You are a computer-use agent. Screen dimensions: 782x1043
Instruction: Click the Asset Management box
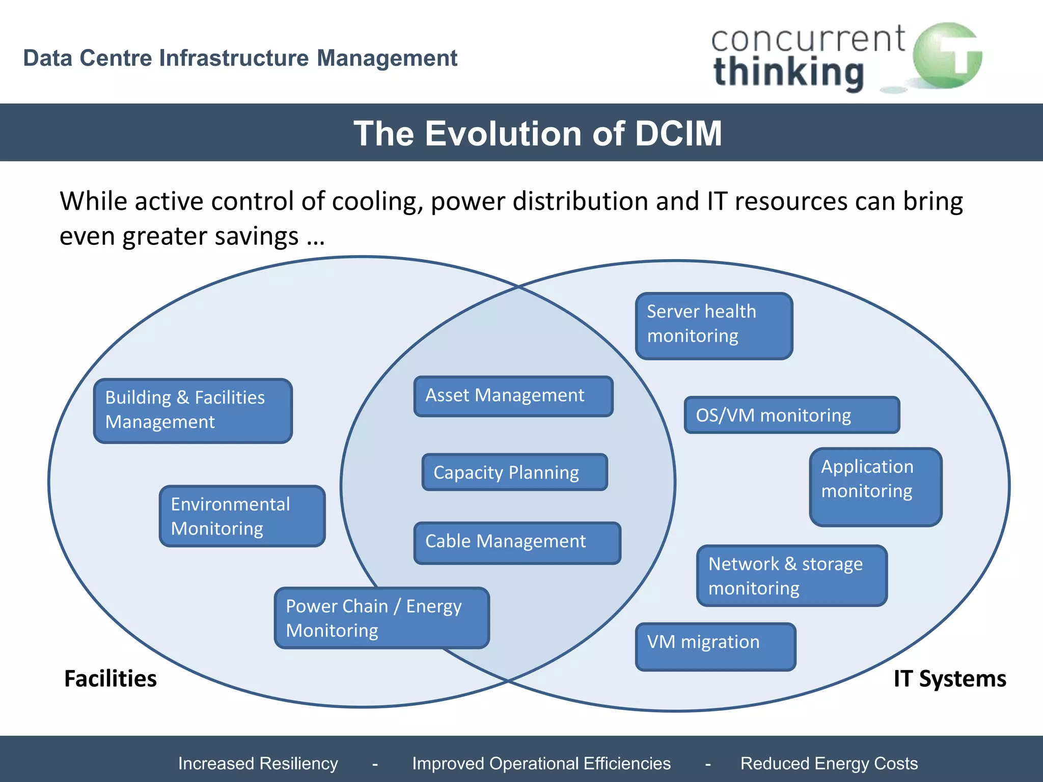(x=513, y=396)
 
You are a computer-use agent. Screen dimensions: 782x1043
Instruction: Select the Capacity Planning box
(x=515, y=472)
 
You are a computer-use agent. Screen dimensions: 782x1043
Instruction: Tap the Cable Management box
(x=517, y=543)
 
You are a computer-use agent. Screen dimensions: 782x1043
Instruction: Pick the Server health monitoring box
(x=714, y=326)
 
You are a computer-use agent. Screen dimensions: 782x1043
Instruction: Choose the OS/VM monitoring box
(x=791, y=415)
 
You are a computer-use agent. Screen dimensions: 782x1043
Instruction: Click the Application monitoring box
(x=875, y=487)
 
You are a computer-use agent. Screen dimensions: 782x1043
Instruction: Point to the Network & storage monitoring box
(x=792, y=576)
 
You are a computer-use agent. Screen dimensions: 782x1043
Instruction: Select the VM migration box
(x=716, y=647)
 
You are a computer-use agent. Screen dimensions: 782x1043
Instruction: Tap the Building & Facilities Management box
(x=193, y=410)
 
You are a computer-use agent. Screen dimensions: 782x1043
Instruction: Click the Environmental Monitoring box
(x=242, y=516)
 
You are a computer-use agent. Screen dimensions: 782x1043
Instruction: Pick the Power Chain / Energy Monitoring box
(x=381, y=618)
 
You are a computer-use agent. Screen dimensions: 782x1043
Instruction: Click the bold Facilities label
(x=111, y=679)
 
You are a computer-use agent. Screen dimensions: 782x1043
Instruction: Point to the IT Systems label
(x=950, y=679)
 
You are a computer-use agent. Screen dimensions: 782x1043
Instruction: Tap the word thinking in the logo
(x=788, y=72)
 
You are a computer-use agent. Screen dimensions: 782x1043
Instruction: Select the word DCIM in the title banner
(x=678, y=133)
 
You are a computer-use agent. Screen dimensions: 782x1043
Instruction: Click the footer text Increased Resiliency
(x=258, y=763)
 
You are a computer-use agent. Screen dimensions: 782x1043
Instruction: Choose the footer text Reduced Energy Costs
(x=829, y=763)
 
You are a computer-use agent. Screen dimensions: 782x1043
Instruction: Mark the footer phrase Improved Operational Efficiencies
(x=541, y=763)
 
